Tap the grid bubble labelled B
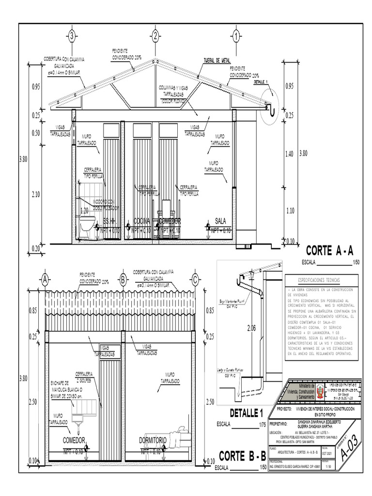coord(123,279)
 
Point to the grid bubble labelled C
coord(195,279)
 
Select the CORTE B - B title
coord(242,456)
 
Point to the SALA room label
coord(220,221)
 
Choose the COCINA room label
coord(142,221)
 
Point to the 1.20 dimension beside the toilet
coord(84,211)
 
